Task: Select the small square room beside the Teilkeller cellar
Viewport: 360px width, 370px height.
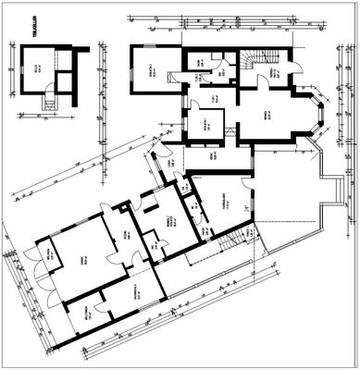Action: [64, 81]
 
